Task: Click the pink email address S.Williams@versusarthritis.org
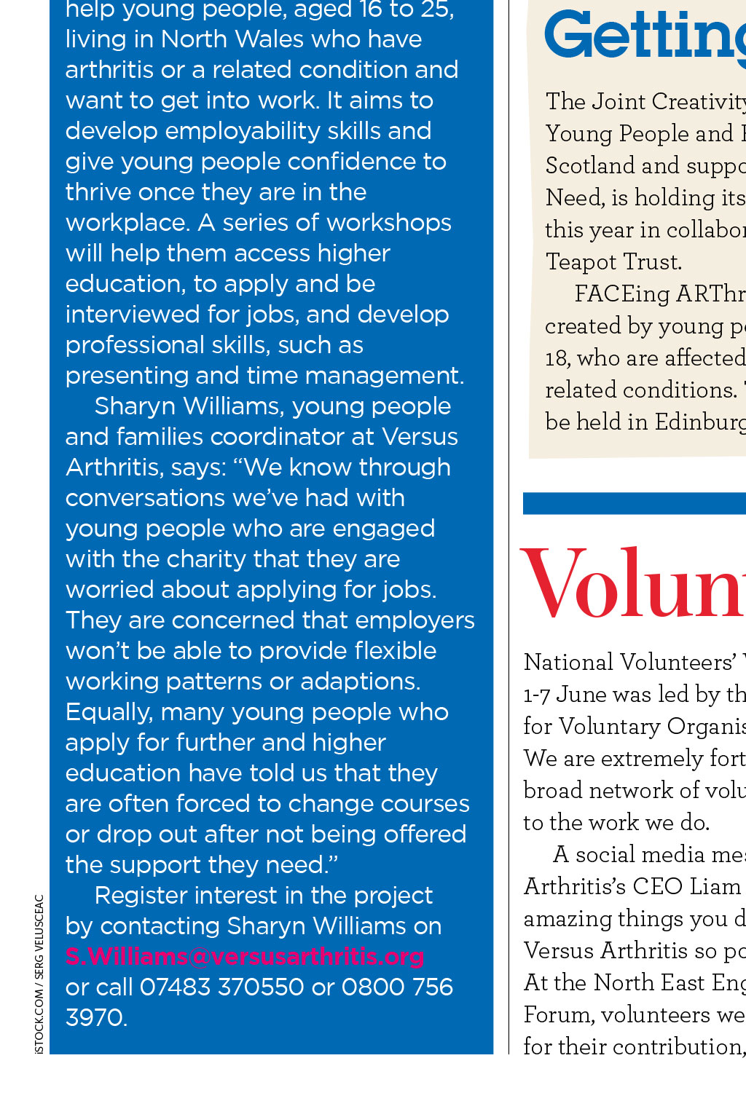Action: pos(245,956)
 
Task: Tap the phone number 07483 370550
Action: pos(221,987)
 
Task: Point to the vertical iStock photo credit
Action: pos(39,973)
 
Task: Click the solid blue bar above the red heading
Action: pos(634,503)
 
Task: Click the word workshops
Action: pos(389,223)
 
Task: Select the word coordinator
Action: pos(292,437)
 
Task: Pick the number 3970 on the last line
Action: pos(95,1017)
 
